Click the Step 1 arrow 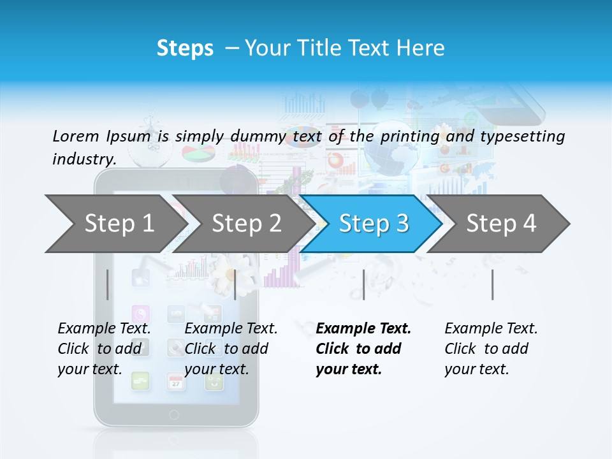tap(119, 224)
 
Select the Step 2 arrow tap(246, 224)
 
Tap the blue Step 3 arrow tap(373, 224)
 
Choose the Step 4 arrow tap(500, 224)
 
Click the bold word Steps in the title tap(185, 48)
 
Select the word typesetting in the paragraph tap(522, 136)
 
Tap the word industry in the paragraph tap(84, 159)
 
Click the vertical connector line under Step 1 tap(108, 284)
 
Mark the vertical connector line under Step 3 tap(363, 284)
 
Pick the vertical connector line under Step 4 tap(492, 284)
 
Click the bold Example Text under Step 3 tap(363, 328)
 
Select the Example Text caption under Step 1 tap(104, 328)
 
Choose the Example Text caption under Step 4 tap(491, 328)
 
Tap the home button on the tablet tap(174, 415)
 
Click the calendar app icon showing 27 tap(175, 382)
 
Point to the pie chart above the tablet tap(198, 154)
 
